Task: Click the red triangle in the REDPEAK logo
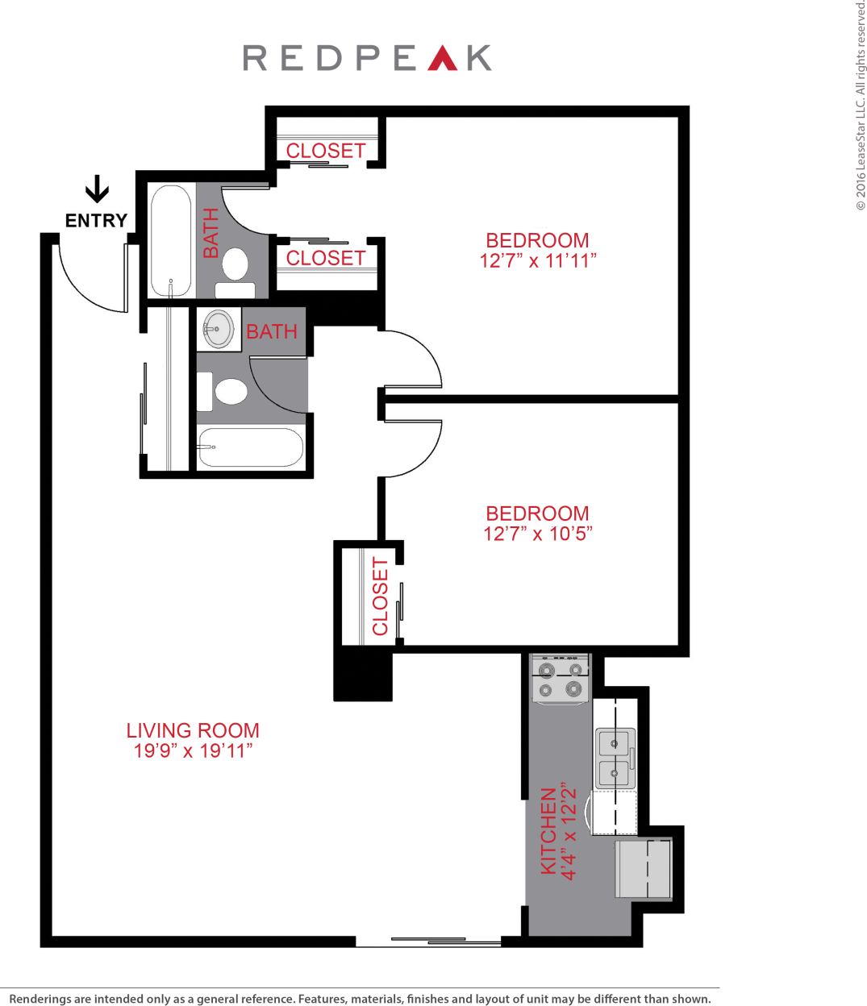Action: [444, 59]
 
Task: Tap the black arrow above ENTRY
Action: [97, 189]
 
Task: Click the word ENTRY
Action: [96, 220]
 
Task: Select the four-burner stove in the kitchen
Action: [560, 679]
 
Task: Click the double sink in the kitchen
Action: [615, 758]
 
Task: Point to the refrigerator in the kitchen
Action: [644, 869]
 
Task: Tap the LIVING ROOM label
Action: [193, 730]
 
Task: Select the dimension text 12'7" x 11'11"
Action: [537, 260]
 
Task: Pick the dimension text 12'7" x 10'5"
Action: [537, 534]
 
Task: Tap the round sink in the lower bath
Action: [217, 329]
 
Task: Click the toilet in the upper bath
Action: [236, 263]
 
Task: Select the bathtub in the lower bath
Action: [250, 447]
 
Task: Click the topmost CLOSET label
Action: [326, 151]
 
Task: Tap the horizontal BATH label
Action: [272, 331]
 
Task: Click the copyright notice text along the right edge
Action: [859, 105]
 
